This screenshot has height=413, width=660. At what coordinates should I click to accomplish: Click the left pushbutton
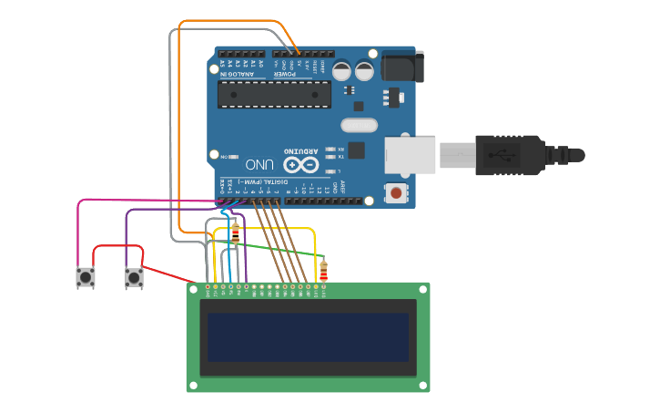86,276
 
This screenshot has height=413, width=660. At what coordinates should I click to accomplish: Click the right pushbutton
134,276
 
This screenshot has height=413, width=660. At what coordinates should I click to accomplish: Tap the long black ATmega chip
274,94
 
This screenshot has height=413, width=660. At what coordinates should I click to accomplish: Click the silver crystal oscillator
359,126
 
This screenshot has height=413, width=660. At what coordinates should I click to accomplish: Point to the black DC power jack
401,66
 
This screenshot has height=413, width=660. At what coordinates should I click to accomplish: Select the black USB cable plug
510,155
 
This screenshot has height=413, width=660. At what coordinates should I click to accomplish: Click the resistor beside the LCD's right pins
323,271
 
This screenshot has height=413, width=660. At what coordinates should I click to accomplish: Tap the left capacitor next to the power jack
341,71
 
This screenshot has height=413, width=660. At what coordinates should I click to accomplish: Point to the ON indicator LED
235,157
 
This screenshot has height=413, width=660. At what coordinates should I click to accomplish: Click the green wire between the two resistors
278,250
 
